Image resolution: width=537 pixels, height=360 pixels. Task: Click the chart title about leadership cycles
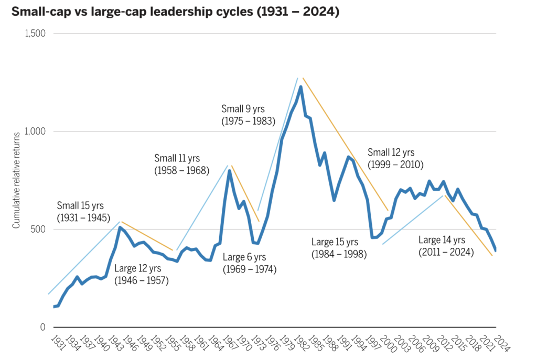170,12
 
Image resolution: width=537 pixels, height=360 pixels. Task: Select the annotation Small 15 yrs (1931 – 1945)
84,211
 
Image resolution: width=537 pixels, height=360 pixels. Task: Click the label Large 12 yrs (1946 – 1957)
142,275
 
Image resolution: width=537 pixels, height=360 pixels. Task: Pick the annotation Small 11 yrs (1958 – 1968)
181,164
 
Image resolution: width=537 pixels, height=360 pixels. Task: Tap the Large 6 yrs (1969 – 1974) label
249,263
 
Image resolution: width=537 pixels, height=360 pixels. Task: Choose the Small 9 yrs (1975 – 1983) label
248,115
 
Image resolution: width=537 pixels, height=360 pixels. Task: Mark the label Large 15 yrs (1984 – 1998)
339,248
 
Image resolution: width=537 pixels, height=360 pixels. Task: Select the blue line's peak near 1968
229,171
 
